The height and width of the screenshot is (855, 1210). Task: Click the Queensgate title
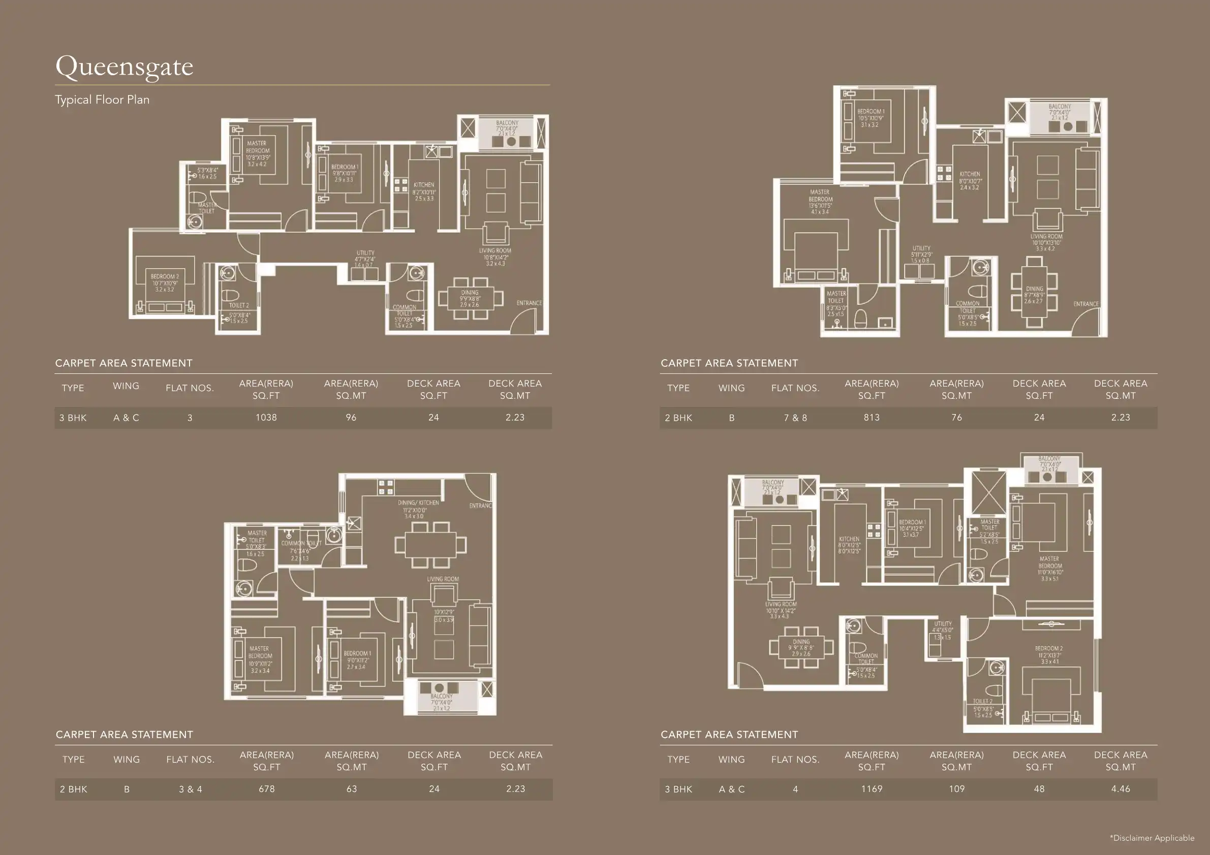[x=125, y=67]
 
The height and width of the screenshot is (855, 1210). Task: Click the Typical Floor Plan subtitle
[x=102, y=100]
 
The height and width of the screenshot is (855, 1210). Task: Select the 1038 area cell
[x=266, y=417]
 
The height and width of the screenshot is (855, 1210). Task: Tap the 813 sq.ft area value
[x=871, y=417]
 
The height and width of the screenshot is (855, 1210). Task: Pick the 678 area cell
[x=266, y=788]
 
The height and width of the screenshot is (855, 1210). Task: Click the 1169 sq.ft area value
[x=871, y=788]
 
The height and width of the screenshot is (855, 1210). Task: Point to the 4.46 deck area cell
[x=1120, y=788]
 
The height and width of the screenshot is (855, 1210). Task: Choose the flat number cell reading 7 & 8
[x=795, y=418]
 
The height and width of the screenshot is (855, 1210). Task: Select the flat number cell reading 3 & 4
[x=190, y=789]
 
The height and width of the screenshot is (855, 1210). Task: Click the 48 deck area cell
[x=1039, y=788]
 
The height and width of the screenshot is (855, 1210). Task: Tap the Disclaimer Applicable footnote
[x=1152, y=838]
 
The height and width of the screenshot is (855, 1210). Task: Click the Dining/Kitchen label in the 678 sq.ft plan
[x=418, y=502]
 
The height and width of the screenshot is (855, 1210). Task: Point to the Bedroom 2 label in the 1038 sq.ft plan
[x=165, y=276]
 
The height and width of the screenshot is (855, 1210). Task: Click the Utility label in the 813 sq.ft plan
[x=921, y=248]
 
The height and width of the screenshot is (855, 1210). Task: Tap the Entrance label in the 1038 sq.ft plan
[x=529, y=303]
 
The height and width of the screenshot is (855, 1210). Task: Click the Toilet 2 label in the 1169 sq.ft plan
[x=982, y=701]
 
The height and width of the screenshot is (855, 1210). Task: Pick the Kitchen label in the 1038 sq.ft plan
[x=424, y=185]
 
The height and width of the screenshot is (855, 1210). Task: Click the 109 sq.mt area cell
[x=956, y=788]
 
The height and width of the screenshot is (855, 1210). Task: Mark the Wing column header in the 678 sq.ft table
[x=127, y=759]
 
